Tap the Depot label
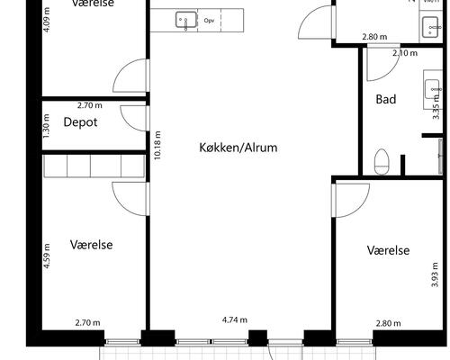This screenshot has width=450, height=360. tap(80, 122)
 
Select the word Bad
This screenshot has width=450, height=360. tap(385, 99)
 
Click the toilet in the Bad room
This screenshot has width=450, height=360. tap(382, 162)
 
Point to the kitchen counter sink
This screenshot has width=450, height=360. tap(186, 19)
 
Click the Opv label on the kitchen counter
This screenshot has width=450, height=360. tap(210, 19)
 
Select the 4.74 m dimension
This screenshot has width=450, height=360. tap(235, 319)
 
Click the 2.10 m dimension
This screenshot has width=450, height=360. tap(404, 53)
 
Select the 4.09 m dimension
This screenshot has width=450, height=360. tap(48, 20)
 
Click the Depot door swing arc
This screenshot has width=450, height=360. tap(133, 115)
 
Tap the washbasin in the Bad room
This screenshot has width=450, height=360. tap(432, 88)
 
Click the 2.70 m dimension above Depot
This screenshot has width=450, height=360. tap(90, 105)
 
